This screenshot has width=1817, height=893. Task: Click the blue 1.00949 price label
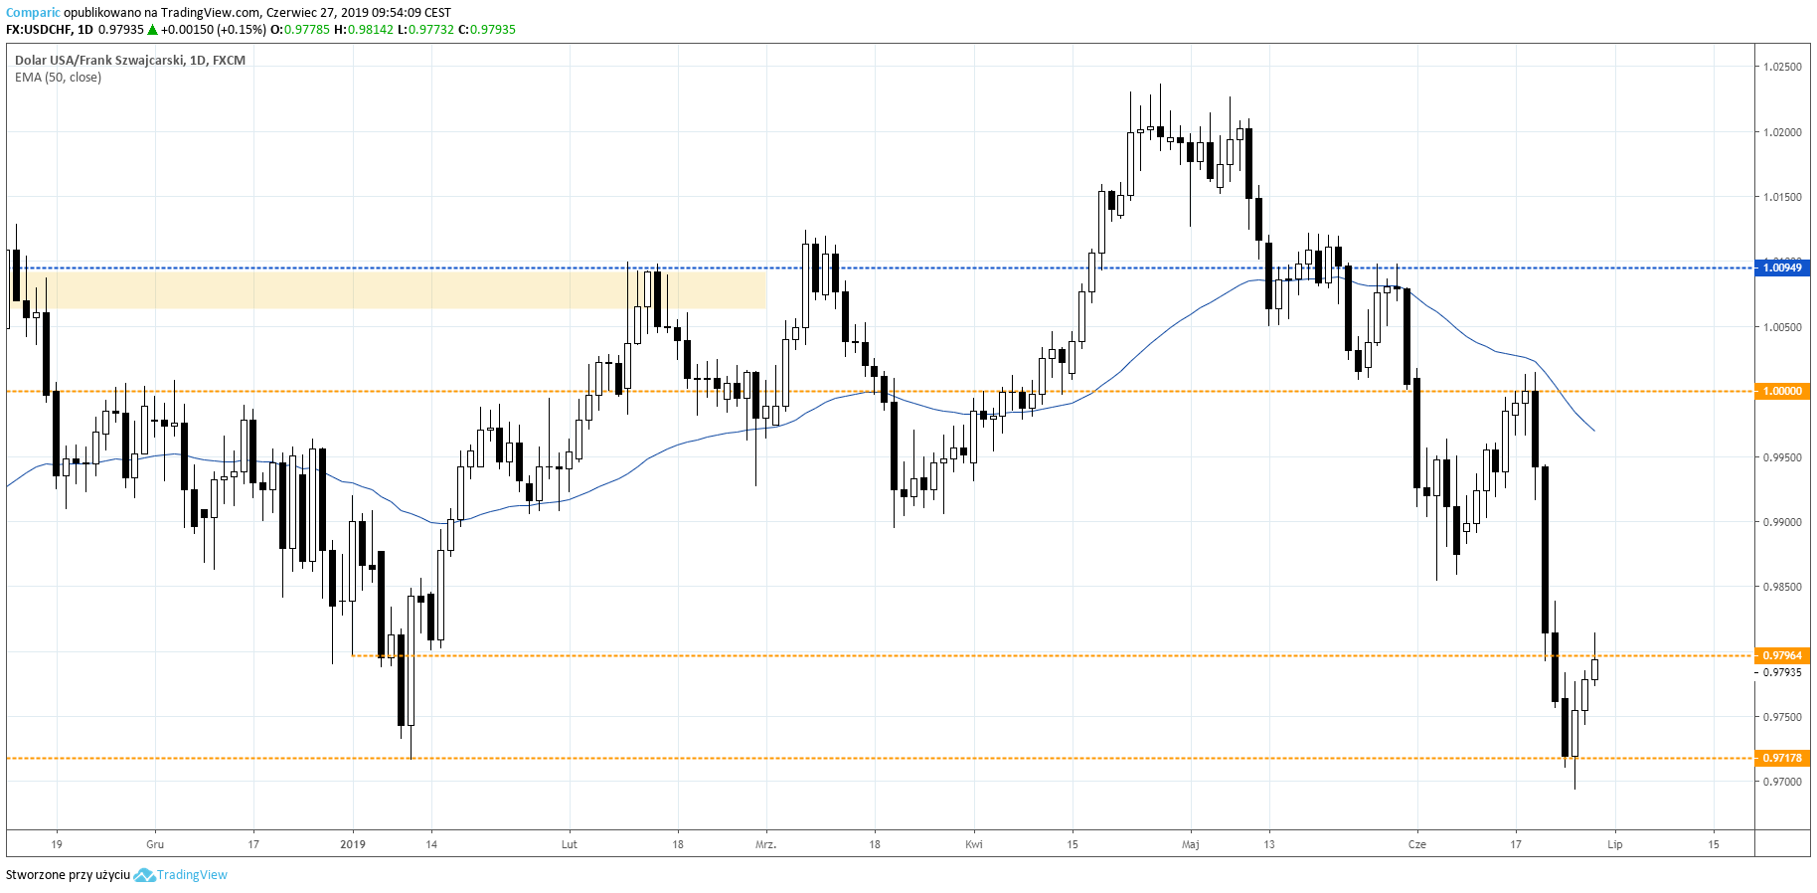(x=1782, y=268)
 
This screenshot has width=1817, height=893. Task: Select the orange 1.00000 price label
(x=1782, y=391)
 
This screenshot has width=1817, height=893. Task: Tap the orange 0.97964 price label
(x=1782, y=655)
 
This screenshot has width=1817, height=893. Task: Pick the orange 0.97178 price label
(x=1782, y=758)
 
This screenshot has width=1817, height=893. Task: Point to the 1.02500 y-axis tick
(x=1782, y=67)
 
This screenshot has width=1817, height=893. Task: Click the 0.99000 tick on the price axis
(x=1782, y=522)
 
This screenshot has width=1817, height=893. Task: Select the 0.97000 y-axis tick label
(x=1782, y=782)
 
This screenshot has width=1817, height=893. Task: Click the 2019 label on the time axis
(x=353, y=844)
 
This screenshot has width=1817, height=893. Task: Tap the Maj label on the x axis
(x=1190, y=844)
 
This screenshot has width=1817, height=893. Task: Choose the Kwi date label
(x=974, y=844)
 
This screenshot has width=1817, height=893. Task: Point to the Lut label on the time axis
(x=569, y=844)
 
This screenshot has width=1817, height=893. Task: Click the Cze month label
(x=1416, y=844)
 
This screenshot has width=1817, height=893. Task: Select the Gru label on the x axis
(x=155, y=844)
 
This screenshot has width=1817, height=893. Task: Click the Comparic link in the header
(x=33, y=13)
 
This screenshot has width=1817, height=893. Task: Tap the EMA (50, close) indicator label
(x=58, y=78)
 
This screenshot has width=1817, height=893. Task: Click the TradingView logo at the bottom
(x=181, y=875)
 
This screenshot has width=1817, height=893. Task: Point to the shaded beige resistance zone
(x=398, y=289)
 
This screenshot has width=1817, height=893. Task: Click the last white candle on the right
(x=1594, y=669)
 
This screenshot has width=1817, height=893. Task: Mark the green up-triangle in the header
(x=153, y=30)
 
